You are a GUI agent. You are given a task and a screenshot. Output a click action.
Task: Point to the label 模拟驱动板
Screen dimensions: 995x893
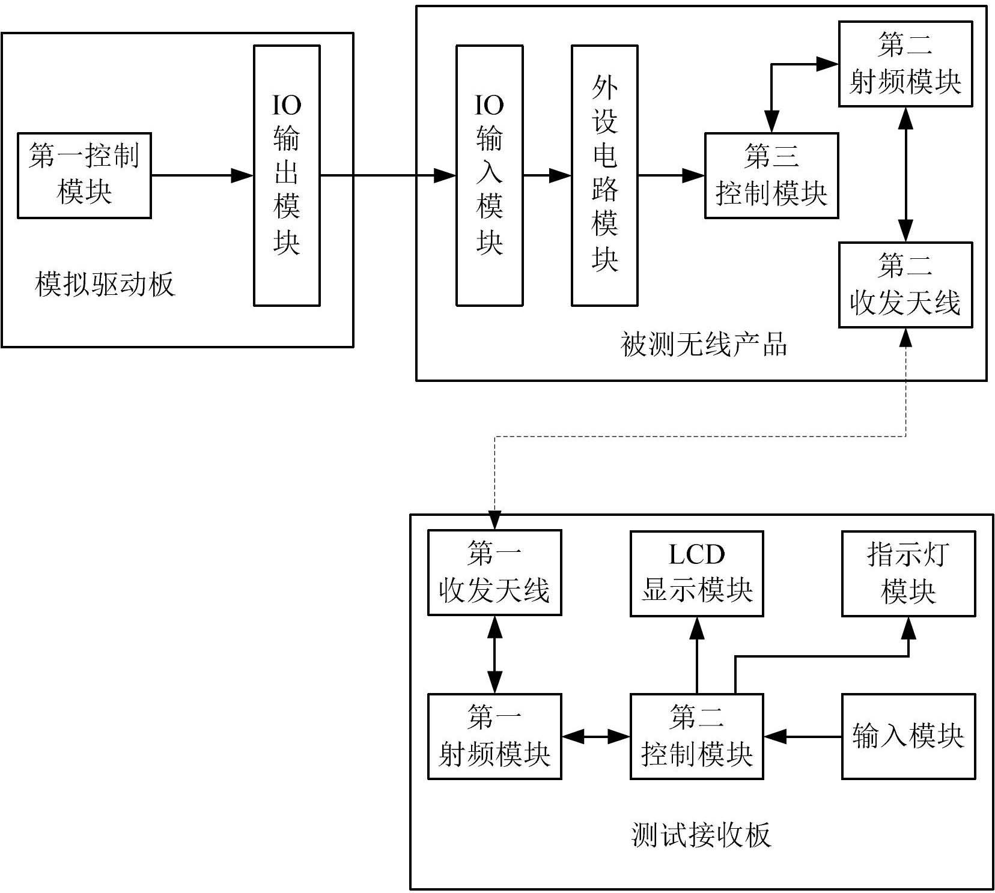coord(105,284)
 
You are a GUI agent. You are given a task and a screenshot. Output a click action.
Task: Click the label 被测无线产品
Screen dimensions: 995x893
coord(704,345)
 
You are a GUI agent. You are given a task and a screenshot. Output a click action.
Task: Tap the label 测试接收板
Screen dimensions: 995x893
coord(701,835)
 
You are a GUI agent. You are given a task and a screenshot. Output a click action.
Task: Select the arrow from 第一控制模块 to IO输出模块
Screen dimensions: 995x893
coord(202,175)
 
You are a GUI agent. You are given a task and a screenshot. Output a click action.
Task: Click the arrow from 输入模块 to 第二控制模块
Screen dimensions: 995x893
coord(803,736)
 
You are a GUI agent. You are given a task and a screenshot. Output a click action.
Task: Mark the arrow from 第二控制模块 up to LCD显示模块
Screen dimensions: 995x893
coord(697,655)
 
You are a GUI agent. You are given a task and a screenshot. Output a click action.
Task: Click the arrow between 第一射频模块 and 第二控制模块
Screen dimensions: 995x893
coord(596,736)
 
